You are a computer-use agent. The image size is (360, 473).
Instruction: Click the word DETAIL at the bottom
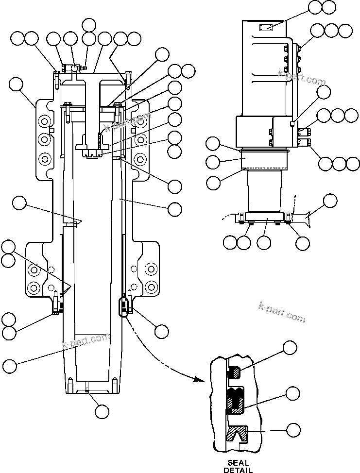point(238,470)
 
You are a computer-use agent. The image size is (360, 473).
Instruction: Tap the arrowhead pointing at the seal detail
point(198,379)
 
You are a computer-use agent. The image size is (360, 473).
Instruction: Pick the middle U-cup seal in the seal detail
point(236,400)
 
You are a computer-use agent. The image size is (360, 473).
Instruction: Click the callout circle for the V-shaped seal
point(291,429)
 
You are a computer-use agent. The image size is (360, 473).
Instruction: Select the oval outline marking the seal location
point(124,306)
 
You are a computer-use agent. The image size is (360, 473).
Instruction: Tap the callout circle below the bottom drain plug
point(102,411)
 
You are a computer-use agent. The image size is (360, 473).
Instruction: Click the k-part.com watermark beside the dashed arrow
point(283,315)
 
